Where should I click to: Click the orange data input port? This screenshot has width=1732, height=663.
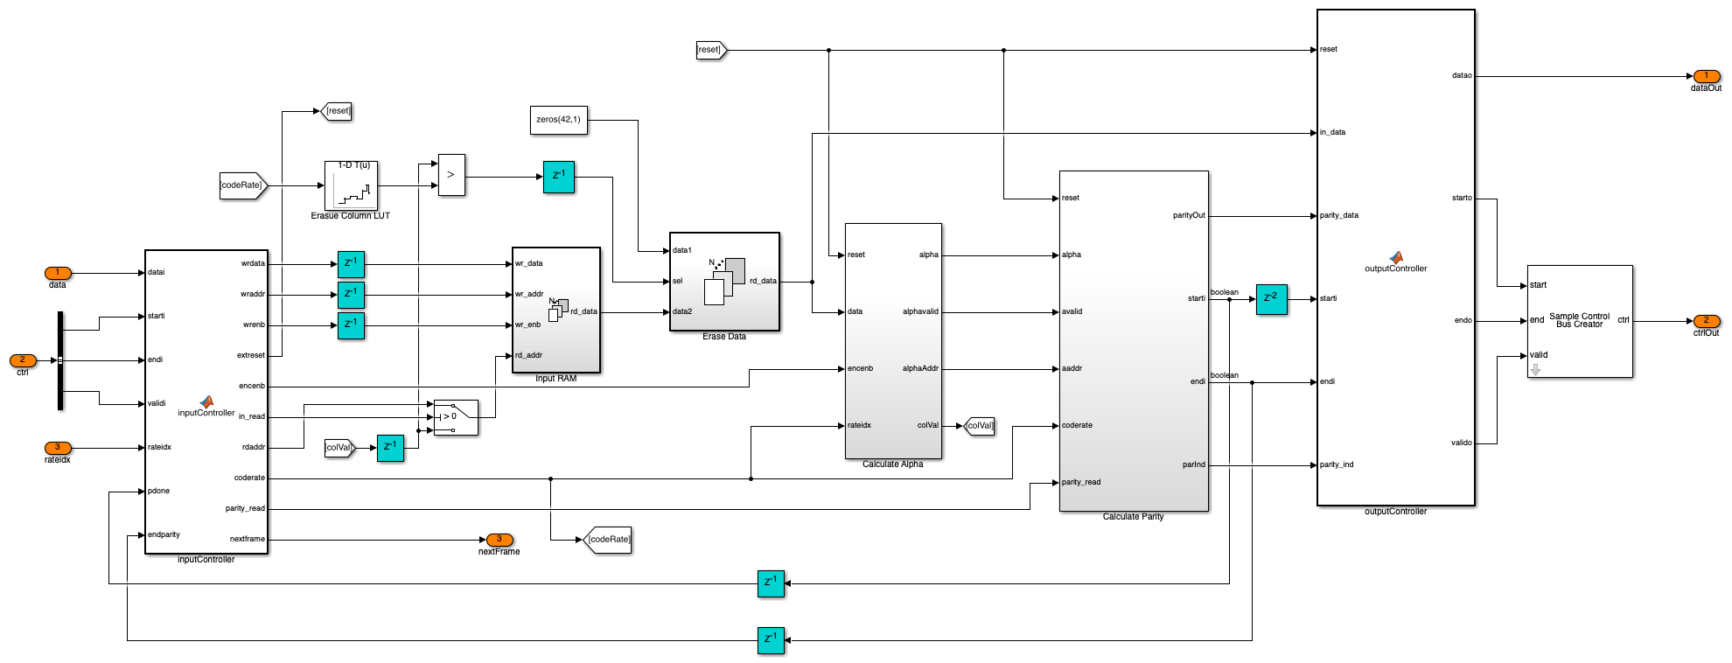58,273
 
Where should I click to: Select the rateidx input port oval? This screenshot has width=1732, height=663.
58,448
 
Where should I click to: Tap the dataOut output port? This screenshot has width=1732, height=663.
1706,76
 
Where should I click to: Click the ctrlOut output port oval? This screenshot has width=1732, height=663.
1706,321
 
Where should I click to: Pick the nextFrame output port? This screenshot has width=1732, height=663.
499,540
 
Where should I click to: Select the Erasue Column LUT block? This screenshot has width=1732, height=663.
351,185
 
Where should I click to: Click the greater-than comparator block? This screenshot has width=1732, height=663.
451,175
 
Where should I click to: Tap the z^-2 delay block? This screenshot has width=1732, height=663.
1271,299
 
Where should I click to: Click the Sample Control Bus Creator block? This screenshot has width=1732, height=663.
1580,321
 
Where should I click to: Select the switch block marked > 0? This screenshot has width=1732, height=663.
456,417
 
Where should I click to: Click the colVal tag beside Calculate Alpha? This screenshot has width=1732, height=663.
979,426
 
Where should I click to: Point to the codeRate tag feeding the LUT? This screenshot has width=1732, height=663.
242,185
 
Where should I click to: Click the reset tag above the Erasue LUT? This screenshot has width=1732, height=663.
336,111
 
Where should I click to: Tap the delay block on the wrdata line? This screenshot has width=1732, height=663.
351,264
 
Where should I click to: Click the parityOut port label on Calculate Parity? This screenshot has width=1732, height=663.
1189,215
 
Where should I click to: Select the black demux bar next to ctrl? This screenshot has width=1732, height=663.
60,360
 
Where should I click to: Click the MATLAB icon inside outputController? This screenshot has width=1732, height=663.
1396,258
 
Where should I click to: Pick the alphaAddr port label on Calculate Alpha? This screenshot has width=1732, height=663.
920,368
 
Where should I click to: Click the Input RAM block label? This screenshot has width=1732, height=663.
556,379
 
